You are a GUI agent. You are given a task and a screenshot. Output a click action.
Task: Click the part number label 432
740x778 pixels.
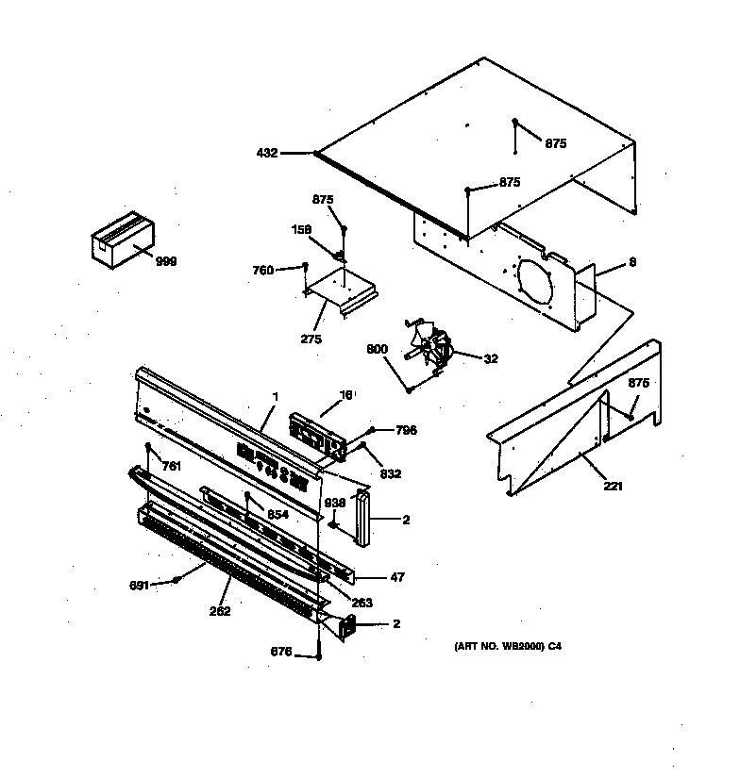coord(266,153)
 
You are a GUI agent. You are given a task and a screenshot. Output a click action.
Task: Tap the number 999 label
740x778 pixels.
coord(166,261)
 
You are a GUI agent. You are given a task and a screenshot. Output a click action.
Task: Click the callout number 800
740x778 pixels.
coord(377,350)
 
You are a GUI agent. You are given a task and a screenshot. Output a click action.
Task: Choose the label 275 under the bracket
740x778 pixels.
coord(311,339)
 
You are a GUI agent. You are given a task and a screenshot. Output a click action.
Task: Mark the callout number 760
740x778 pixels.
coord(262,271)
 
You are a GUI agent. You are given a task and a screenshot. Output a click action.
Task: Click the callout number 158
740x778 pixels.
coord(300,228)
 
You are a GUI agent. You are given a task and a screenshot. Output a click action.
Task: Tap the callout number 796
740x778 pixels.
coord(406,431)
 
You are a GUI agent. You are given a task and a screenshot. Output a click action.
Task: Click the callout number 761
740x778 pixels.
coord(171,466)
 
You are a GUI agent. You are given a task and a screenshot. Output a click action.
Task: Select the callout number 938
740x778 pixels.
coord(336,504)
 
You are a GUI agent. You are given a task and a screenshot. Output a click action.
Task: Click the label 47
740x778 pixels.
coord(397,578)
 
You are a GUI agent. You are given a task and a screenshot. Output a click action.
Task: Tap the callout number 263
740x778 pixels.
coord(362,603)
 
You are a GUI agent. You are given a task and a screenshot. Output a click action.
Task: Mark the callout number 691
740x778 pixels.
coord(139,586)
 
